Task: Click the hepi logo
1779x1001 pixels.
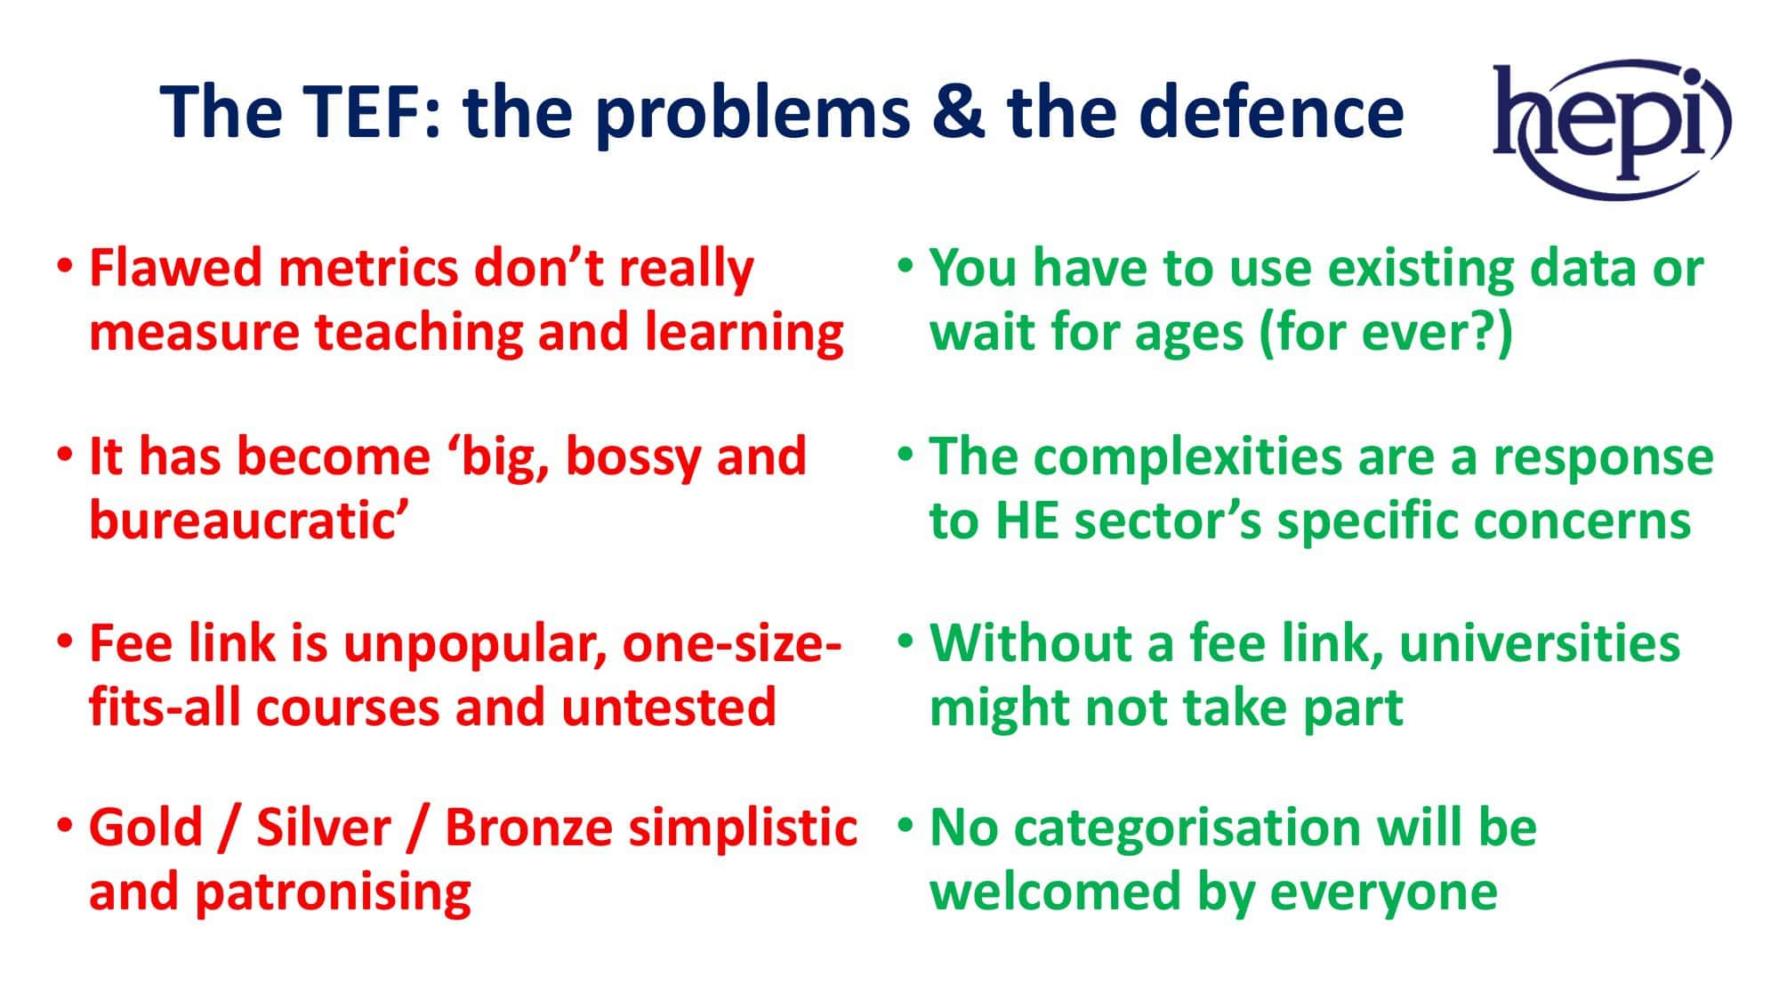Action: [1611, 129]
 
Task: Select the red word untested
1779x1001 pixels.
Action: [668, 707]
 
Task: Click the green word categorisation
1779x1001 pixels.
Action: [1188, 828]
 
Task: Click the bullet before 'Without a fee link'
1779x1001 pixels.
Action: [906, 642]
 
